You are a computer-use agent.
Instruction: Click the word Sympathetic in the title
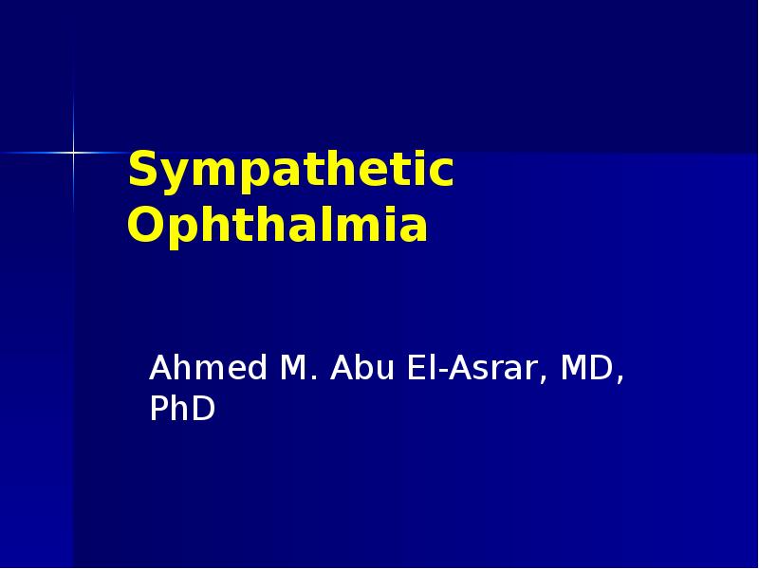point(290,172)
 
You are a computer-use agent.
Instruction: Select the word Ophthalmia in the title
point(277,227)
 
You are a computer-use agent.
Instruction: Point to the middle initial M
point(291,368)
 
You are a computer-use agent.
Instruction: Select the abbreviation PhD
point(182,409)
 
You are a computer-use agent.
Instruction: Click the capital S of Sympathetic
point(141,172)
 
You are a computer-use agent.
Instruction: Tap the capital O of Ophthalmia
point(144,227)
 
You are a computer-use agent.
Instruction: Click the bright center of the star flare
point(73,152)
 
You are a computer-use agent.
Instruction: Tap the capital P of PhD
point(159,409)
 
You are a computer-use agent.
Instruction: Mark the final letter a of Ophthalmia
point(414,229)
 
